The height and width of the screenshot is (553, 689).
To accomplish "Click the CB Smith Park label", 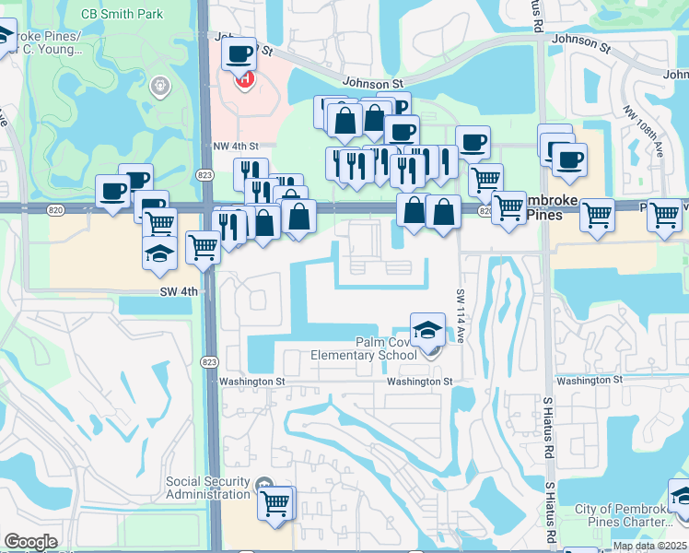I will pos(122,14).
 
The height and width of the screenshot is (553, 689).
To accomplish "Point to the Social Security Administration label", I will pos(208,488).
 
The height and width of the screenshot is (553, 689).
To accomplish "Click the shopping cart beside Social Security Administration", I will pos(275,503).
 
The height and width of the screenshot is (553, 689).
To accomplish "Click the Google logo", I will pos(30,542).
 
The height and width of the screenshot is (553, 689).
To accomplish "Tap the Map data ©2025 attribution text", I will pos(648,545).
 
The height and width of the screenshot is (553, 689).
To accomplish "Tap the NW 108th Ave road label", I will pos(656,134).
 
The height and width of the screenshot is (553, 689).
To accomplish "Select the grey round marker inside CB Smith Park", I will pos(160,87).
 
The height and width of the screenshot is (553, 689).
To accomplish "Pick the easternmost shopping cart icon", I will pos(664,216).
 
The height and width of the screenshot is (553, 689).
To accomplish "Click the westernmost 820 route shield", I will pos(57,210).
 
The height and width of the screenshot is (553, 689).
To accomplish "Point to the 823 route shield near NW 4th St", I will pos(205,174).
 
